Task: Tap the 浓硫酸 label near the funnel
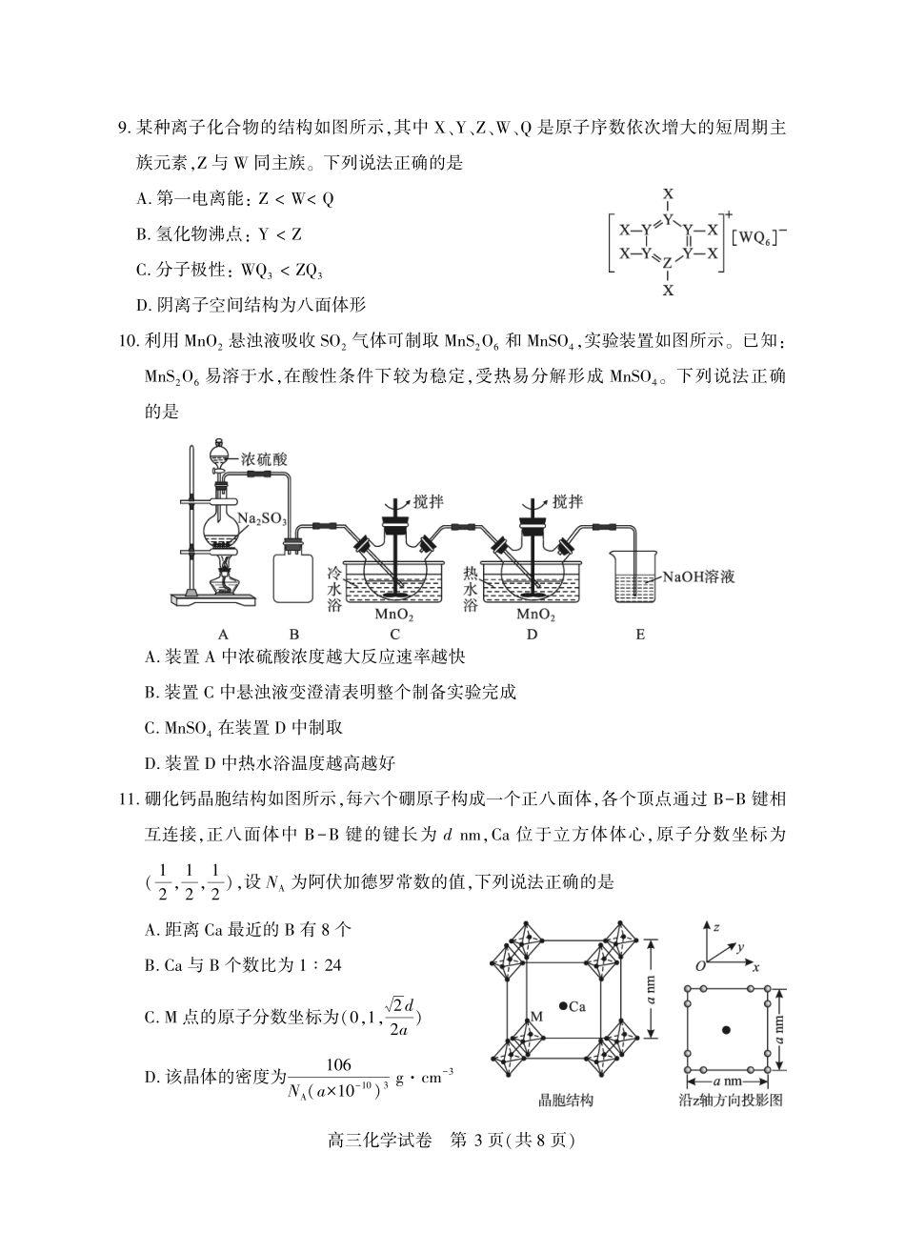[265, 458]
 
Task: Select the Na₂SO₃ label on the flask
[262, 519]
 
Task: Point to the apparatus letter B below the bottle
[294, 634]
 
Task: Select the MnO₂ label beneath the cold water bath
[394, 615]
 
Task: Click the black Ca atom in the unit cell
[565, 1005]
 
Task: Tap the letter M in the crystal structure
[536, 1017]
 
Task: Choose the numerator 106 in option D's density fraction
[339, 1065]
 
